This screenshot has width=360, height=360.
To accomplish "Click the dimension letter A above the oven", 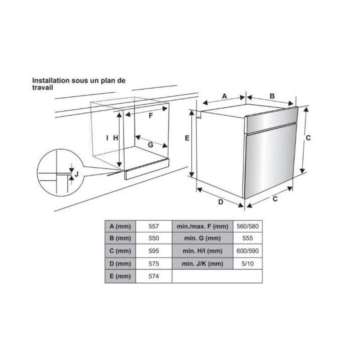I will click(x=224, y=95).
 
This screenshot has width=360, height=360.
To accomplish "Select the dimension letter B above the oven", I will click(x=272, y=96).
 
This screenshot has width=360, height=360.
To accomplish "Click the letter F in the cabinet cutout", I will click(x=150, y=115).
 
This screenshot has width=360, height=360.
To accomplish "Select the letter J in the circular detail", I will click(x=76, y=174).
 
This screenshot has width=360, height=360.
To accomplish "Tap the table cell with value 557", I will click(x=154, y=226).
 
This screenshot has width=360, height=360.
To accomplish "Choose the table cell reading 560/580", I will click(x=247, y=226).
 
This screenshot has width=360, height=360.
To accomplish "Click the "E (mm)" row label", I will click(x=120, y=276).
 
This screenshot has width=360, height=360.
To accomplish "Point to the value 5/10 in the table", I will click(x=247, y=263).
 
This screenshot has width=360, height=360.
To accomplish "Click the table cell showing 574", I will click(x=154, y=276).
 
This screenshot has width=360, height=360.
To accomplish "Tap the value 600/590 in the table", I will click(x=247, y=251).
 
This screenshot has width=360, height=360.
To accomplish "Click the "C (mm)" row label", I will click(x=120, y=251).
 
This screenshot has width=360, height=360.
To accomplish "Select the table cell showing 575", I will click(x=154, y=263).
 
